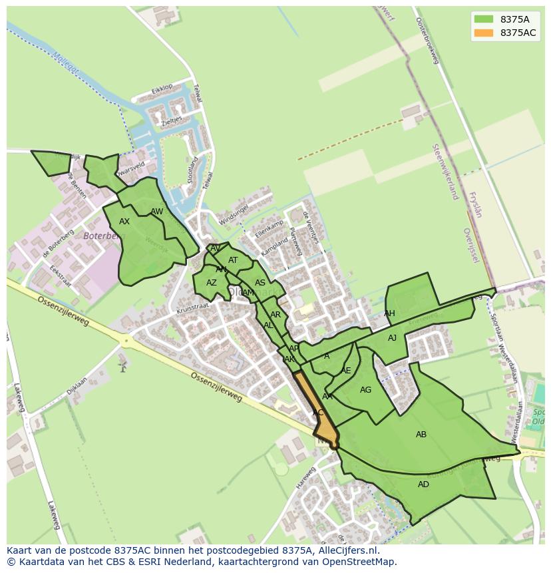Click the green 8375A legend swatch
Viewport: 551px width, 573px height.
484,19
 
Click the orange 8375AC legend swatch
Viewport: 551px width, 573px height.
484,33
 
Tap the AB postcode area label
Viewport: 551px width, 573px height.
421,435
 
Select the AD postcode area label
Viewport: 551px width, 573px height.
424,484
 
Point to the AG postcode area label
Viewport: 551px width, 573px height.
365,390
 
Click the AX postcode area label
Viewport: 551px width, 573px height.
124,222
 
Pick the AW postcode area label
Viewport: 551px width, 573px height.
157,212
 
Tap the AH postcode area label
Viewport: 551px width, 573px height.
389,313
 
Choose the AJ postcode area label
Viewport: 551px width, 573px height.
393,338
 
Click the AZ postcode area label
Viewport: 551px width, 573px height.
212,283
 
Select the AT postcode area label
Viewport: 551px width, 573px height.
233,260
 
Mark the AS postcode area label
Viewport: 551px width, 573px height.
260,283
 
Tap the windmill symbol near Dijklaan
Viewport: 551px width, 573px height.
122,365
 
